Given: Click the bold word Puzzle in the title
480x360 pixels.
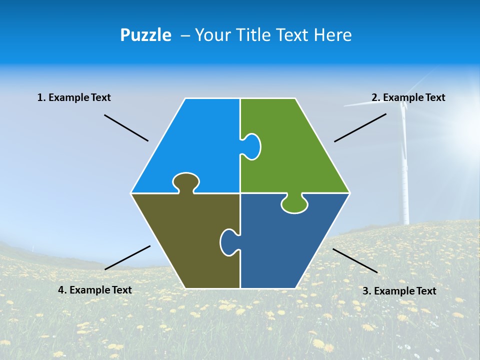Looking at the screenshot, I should tap(145, 35).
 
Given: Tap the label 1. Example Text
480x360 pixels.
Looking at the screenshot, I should tap(74, 97).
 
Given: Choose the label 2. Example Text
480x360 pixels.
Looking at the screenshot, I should tap(408, 97).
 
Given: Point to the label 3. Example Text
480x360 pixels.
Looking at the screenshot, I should tap(399, 291).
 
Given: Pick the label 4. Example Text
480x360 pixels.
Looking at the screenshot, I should tap(95, 290).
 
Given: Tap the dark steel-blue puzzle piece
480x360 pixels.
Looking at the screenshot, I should tap(285, 245).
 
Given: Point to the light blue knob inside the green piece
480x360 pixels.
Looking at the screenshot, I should tap(251, 146).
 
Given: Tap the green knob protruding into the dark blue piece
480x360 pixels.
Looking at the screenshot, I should tap(294, 203).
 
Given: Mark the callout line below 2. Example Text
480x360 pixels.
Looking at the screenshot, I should tap(360, 127).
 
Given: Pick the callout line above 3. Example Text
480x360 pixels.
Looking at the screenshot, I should tap(355, 260).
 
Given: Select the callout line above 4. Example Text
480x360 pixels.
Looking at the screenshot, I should tap(127, 257).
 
